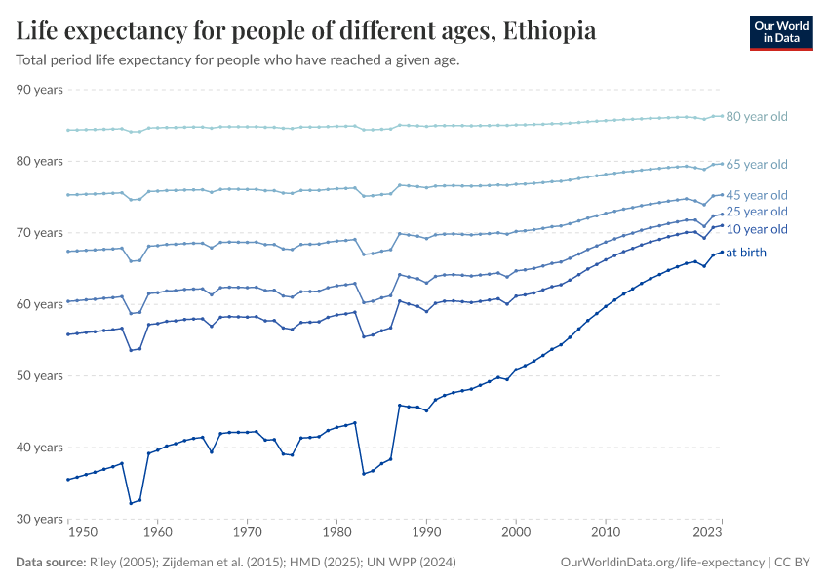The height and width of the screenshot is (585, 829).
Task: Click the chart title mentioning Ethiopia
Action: (306, 31)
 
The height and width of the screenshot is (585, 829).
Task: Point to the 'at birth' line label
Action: (746, 253)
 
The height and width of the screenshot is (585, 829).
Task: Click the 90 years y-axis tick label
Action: (40, 90)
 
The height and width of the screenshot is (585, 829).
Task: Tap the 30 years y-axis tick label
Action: (40, 519)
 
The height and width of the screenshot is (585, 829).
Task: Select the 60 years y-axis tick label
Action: (40, 304)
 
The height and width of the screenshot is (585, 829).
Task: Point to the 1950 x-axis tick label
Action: (83, 533)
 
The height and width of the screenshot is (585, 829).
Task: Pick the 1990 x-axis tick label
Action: (426, 533)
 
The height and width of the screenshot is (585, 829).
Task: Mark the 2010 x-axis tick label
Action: (606, 533)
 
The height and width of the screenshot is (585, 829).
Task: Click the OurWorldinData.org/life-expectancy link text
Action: (663, 563)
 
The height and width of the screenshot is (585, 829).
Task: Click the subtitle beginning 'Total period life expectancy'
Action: (238, 60)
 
